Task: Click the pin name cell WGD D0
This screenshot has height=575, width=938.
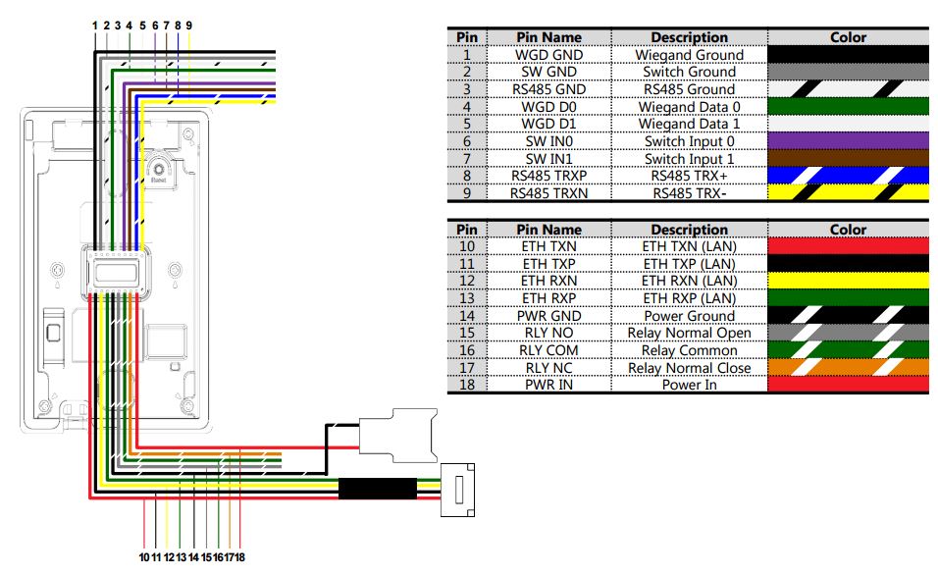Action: [x=548, y=107]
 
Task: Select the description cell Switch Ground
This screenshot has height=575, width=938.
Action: [x=689, y=72]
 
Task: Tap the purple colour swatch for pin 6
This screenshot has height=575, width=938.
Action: [x=848, y=140]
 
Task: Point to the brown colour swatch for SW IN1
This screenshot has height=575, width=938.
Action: [x=848, y=158]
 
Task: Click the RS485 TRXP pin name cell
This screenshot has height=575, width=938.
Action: [x=548, y=176]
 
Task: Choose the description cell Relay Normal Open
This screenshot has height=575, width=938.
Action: [x=689, y=333]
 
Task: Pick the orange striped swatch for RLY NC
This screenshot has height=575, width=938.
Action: [x=848, y=367]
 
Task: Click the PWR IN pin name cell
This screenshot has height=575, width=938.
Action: [x=548, y=384]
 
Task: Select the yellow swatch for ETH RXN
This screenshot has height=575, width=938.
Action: [x=848, y=281]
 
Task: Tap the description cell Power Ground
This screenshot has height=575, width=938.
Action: [x=689, y=315]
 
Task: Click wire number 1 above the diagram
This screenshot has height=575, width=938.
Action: [x=94, y=26]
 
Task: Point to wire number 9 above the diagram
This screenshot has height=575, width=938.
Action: [x=189, y=26]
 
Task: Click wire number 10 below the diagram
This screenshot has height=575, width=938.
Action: [x=144, y=557]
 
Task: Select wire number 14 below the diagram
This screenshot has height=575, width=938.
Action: [x=193, y=557]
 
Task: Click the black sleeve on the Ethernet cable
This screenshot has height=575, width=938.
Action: [x=378, y=489]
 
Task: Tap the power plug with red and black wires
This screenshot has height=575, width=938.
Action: [x=397, y=435]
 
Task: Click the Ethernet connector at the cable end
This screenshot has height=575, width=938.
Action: [x=457, y=490]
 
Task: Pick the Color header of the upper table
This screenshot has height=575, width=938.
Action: [x=848, y=37]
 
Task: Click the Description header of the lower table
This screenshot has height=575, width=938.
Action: [x=689, y=230]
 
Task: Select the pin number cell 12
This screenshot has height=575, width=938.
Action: [x=467, y=281]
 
